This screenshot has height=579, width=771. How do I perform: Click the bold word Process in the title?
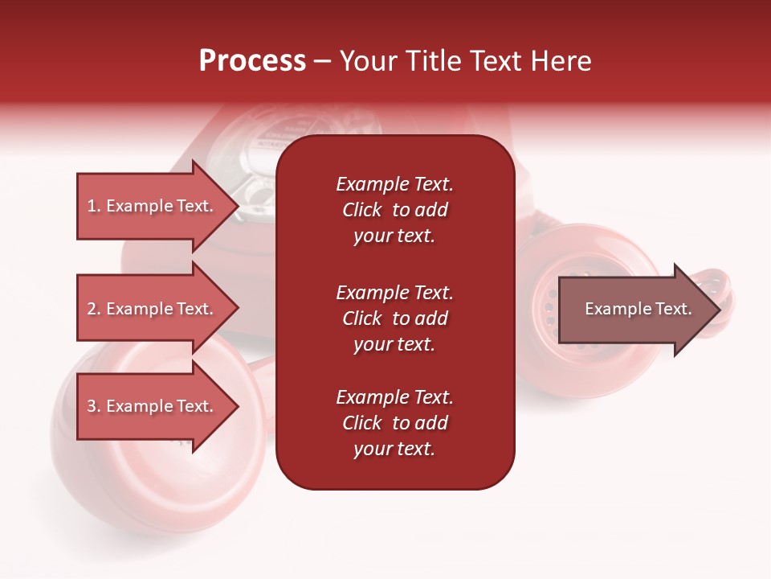252,61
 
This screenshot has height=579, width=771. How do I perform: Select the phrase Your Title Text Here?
465,61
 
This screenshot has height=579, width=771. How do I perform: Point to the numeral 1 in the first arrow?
92,206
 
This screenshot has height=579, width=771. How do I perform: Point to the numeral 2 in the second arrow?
92,309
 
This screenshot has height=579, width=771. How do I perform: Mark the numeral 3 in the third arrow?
92,406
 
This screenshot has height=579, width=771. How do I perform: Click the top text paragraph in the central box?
394,210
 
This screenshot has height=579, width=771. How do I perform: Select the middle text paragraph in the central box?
394,318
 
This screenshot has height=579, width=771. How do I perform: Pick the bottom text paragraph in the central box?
394,423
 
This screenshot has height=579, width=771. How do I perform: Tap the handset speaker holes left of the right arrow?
549,310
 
